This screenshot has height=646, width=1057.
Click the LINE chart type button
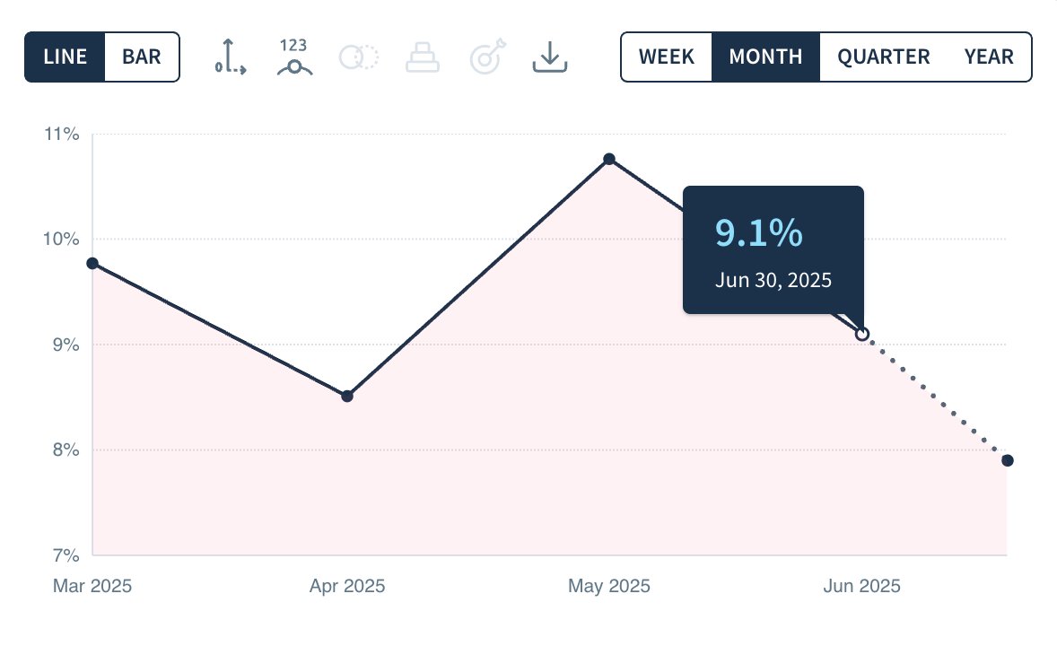point(66,57)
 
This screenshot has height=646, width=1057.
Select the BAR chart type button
point(142,57)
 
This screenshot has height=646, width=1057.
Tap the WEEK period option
point(667,57)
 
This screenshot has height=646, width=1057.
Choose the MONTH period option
point(765,57)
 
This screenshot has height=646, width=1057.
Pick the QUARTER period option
point(884,57)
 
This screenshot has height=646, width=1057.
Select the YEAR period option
point(989,57)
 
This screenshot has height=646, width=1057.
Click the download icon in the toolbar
point(549,57)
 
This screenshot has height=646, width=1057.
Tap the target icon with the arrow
point(488,57)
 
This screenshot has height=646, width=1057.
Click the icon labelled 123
point(294,57)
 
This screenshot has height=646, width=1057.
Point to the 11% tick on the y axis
point(62,135)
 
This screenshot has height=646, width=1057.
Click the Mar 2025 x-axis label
point(92,587)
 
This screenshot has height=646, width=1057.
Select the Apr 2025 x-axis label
point(347,587)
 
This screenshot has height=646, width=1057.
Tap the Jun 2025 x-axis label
point(861,587)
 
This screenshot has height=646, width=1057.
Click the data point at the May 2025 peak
point(609,159)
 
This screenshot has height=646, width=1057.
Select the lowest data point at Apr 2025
point(347,396)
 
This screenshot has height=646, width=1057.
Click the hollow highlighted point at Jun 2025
point(862,334)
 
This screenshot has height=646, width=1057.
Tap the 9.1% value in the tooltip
point(758,233)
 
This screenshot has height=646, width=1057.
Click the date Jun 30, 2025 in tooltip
point(773,280)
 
